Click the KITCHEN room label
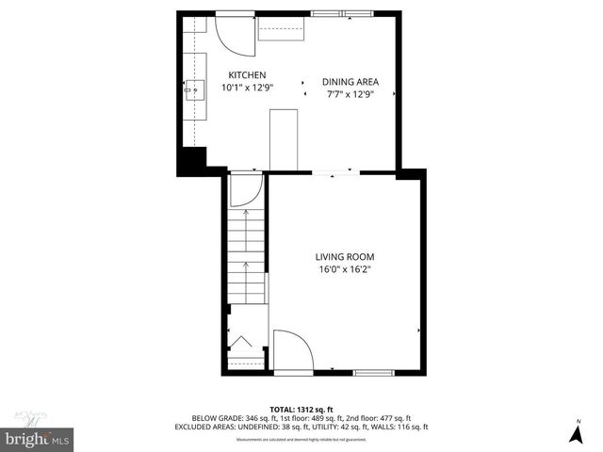[x=248, y=75]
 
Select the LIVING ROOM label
[x=344, y=256]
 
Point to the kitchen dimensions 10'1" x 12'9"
[x=247, y=89]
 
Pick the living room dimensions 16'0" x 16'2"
[x=344, y=269]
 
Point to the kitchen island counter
[x=284, y=139]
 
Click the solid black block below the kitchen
[x=194, y=159]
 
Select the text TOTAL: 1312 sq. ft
[x=301, y=409]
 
